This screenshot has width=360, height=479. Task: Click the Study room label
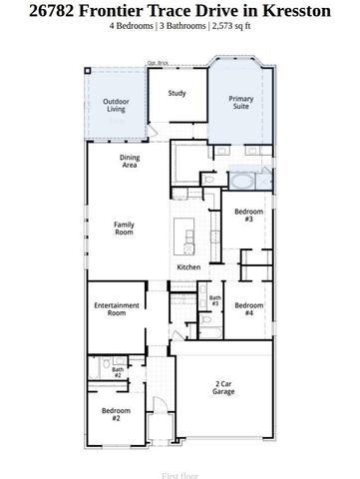click(177, 94)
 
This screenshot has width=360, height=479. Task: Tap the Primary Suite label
click(240, 103)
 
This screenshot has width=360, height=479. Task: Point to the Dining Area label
click(130, 162)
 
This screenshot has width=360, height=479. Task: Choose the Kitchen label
click(189, 267)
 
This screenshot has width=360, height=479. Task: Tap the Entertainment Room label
click(111, 308)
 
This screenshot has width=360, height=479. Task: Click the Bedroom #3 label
click(248, 217)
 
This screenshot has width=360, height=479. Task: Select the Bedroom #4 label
click(248, 308)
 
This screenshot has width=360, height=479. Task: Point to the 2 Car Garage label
click(223, 387)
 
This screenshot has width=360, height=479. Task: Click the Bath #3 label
click(214, 300)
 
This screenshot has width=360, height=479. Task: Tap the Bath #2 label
click(117, 372)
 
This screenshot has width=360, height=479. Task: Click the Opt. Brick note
click(158, 64)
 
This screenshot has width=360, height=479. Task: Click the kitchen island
click(185, 237)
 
